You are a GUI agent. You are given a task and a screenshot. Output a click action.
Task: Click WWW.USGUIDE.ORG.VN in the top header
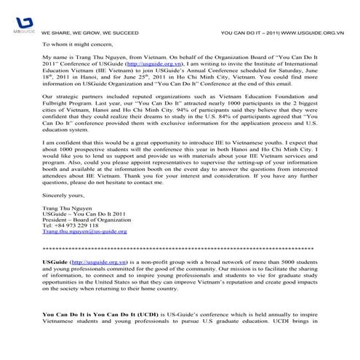(313, 33)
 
